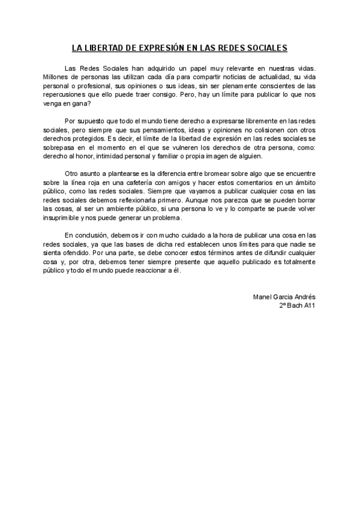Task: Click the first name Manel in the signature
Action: click(263, 297)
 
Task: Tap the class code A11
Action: click(308, 305)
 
